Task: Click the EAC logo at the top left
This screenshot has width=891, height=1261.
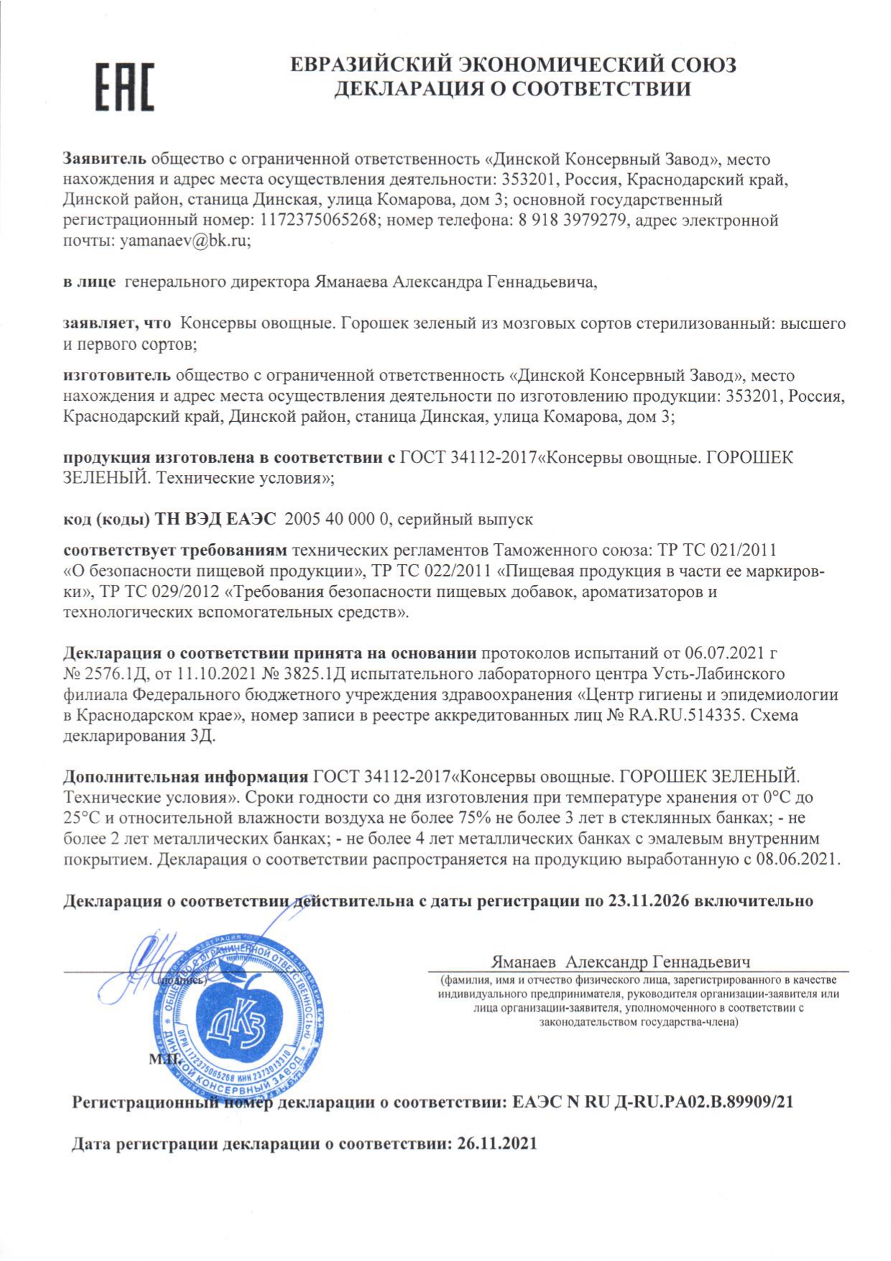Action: coord(125,87)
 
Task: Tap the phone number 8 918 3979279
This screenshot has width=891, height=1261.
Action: coord(572,221)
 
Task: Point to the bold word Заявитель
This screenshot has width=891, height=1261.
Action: coord(104,159)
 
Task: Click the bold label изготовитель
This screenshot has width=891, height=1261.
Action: coord(116,375)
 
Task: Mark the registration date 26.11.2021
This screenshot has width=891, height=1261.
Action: coord(497,1143)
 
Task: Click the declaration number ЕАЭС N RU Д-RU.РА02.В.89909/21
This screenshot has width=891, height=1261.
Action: coord(652,1102)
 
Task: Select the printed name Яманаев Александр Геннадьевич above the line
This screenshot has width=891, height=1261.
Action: coord(621,962)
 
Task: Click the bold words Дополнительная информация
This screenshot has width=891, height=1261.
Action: coord(185,777)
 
